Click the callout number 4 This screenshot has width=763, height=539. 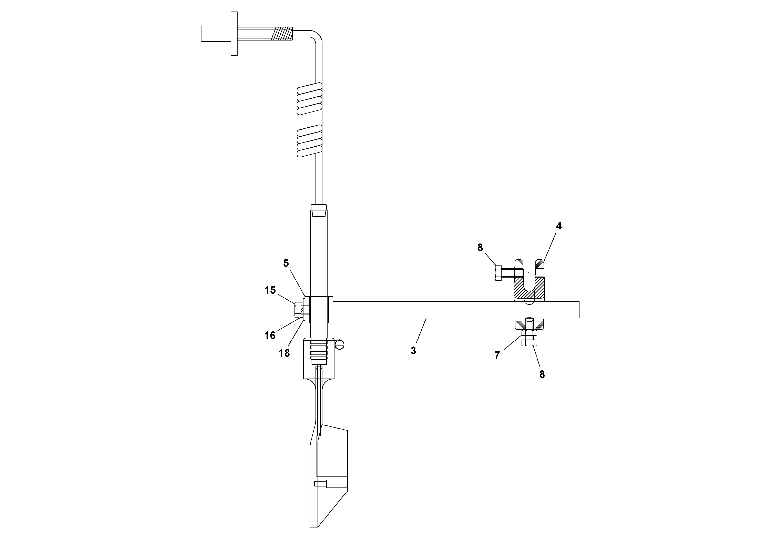(x=559, y=226)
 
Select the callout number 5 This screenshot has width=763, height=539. (x=286, y=263)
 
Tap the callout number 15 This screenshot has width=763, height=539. (x=270, y=290)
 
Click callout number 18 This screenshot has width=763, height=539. (x=284, y=353)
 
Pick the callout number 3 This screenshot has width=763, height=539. (x=413, y=351)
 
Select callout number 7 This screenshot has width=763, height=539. (x=497, y=355)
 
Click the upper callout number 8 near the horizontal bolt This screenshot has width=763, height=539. (x=480, y=248)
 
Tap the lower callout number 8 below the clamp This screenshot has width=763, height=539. (x=542, y=374)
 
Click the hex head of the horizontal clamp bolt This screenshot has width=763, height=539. (x=498, y=272)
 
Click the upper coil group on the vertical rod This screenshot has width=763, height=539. (x=310, y=98)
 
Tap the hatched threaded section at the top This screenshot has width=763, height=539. (x=281, y=34)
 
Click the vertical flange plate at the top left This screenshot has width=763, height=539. (x=234, y=34)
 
